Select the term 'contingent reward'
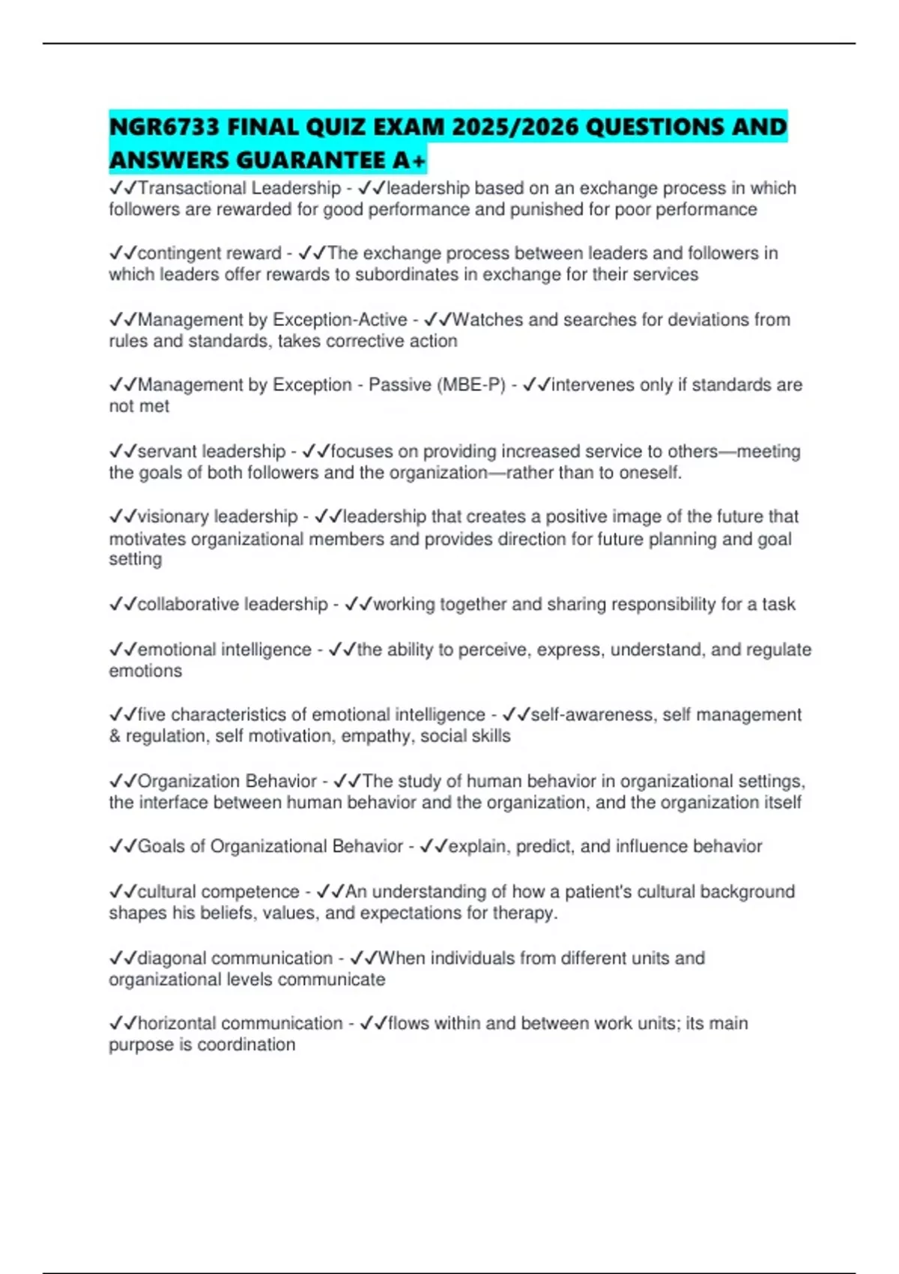209,253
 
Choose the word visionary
173,517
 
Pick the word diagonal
169,958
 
